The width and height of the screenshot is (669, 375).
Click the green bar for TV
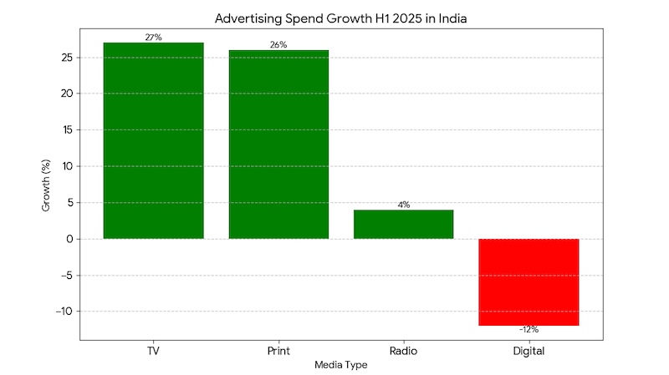click(153, 140)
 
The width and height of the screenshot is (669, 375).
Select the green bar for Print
click(278, 144)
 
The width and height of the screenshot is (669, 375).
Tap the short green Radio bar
click(403, 224)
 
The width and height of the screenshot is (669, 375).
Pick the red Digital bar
click(529, 281)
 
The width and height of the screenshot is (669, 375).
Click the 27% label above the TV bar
click(153, 38)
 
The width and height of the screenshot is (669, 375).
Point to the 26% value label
click(278, 45)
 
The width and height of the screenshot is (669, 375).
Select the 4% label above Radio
click(403, 205)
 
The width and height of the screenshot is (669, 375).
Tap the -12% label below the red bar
click(529, 331)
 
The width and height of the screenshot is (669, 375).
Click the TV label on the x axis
click(153, 351)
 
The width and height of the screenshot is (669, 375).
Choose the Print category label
click(278, 351)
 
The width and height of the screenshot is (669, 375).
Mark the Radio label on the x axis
click(403, 351)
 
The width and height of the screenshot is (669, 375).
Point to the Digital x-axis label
click(529, 351)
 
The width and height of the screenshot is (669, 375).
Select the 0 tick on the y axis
click(69, 239)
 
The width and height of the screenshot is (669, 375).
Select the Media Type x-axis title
click(340, 365)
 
